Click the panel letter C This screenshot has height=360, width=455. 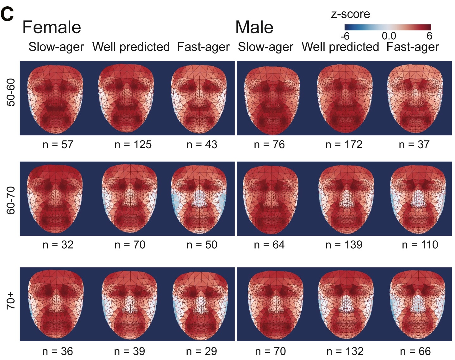coord(8,14)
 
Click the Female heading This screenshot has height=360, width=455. coord(52,27)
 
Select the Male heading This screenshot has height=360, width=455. coord(254,27)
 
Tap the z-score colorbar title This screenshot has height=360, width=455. coord(350,14)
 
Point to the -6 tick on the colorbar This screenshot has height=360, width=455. coord(345,36)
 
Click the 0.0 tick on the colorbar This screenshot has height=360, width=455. coord(389,36)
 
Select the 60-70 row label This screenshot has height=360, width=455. coord(11,200)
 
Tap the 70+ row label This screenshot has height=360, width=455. coord(11,301)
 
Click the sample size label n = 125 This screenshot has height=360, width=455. coord(133,145)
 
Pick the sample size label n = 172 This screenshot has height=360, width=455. coord(344,145)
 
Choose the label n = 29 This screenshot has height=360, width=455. coord(202,351)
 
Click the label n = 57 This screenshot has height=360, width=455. coord(58,145)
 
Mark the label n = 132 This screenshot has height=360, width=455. coord(345,351)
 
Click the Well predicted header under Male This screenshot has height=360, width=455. coord(340,47)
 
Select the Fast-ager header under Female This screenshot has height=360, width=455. coord(203,47)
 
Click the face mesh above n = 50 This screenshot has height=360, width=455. coord(199,199)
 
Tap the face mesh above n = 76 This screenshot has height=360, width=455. coord(272,98)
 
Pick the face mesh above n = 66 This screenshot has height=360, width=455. coord(418,304)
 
